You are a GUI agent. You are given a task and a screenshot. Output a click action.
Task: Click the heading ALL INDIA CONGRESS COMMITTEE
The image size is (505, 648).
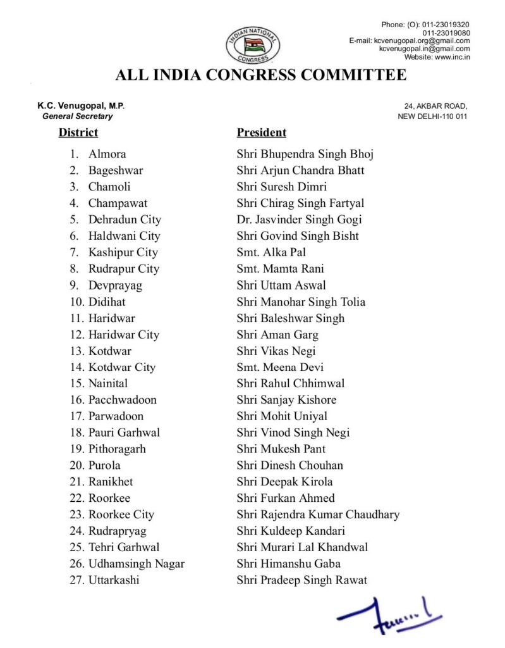point(260,76)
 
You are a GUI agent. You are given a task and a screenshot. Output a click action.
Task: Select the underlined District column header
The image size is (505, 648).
point(78,133)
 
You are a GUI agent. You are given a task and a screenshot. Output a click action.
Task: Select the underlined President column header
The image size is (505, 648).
point(261,133)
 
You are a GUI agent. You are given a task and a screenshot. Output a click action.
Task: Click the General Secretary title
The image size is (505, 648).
point(78,116)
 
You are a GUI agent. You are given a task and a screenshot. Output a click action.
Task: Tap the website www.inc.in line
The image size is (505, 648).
point(437,57)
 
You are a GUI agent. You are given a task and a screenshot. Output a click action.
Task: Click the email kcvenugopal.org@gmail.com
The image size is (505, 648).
point(410,40)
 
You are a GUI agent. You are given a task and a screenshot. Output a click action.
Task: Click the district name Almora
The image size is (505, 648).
point(107,154)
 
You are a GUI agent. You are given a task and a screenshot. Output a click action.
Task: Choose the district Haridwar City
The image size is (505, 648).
point(123,335)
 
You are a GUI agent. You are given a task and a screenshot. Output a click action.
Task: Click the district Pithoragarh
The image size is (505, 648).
point(117,449)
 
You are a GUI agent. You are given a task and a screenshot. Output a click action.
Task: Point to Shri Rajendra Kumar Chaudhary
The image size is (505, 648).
point(318,514)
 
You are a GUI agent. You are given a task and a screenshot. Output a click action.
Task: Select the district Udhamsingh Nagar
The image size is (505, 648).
point(137,564)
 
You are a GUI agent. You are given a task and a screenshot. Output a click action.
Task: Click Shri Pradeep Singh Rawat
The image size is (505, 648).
point(301,580)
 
